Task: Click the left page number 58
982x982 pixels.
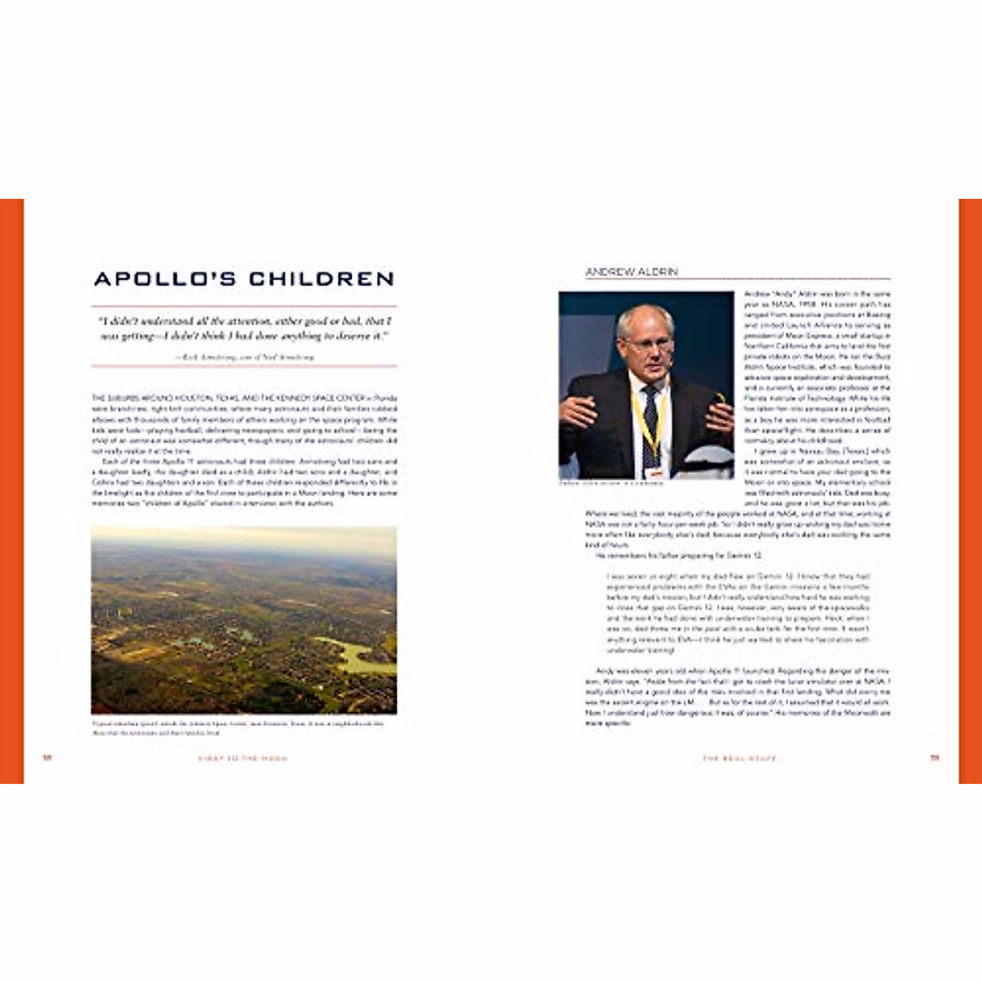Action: [47, 758]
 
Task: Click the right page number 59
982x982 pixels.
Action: [935, 758]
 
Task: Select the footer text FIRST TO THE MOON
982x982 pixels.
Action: [243, 759]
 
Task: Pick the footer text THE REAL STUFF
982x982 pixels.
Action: [739, 759]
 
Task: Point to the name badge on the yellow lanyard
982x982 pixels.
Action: [654, 472]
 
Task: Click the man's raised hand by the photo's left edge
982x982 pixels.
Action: [577, 410]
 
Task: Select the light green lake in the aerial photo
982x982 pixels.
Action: [358, 655]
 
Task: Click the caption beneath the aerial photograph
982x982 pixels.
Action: [237, 727]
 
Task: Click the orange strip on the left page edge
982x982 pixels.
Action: [11, 491]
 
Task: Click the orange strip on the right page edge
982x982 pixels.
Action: [970, 491]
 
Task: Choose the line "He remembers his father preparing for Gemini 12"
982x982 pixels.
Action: [678, 556]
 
